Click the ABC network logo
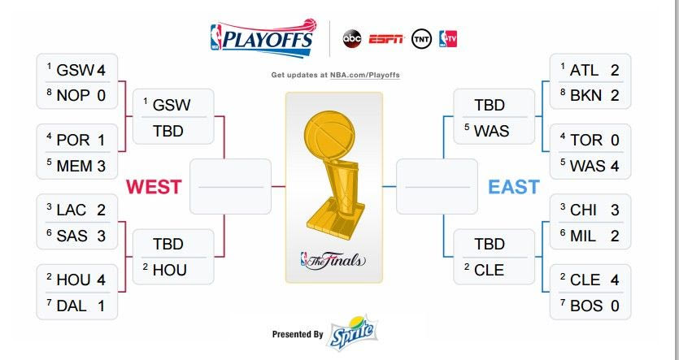pos(351,39)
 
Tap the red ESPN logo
pos(386,39)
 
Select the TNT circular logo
pos(421,39)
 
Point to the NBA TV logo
pos(448,39)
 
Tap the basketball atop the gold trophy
pos(329,132)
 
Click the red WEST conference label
pos(154,187)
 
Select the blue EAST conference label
pos(514,187)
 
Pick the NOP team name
pos(73,96)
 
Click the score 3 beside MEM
pos(102,166)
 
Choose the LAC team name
pos(72,210)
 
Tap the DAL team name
pos(72,306)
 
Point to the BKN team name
pos(586,96)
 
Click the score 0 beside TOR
pos(615,141)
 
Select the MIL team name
pos(583,236)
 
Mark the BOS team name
pos(586,306)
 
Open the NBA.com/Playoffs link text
pos(364,75)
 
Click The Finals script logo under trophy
pos(333,260)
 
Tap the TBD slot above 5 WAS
pos(490,105)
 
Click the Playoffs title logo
pos(263,38)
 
